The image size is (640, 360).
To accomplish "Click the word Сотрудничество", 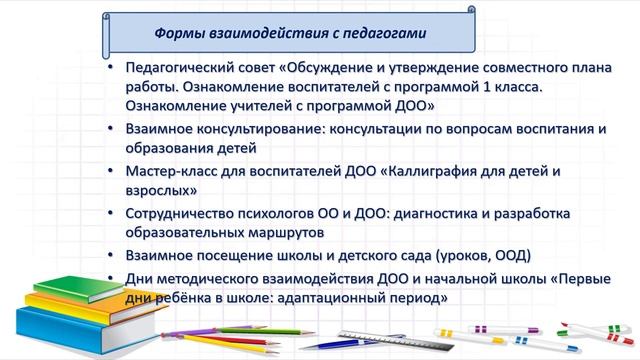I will click(184, 214).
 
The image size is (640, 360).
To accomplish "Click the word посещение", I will click(235, 256).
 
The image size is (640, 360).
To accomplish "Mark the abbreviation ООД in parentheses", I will click(512, 256).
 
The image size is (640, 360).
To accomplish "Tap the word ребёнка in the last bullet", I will click(185, 298).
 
